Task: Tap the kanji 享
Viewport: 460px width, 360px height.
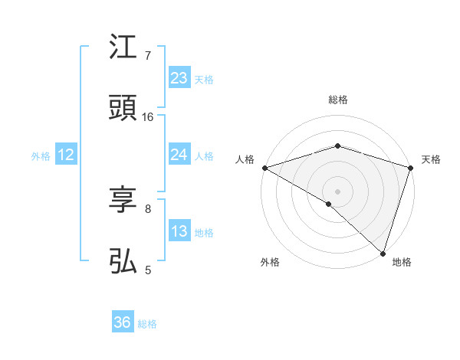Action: tap(123, 200)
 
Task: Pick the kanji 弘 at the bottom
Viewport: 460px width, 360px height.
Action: tap(123, 261)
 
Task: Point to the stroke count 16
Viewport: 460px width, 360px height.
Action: tap(148, 116)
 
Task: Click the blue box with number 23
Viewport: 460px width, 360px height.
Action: tap(179, 78)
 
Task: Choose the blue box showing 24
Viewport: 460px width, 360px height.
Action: tap(179, 155)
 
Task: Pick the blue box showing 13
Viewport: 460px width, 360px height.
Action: tap(179, 231)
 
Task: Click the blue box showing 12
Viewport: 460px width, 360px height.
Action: tap(66, 155)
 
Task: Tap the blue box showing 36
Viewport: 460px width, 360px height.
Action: tap(123, 322)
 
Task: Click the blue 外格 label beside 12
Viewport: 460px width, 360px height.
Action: tap(41, 155)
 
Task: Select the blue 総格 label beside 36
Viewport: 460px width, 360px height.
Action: tap(147, 324)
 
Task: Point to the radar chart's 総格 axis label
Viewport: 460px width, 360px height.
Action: tap(337, 100)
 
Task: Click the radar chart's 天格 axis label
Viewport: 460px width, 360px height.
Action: tap(432, 159)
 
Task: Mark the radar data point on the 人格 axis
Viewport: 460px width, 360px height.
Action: tap(264, 168)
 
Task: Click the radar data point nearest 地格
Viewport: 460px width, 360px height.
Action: tap(383, 254)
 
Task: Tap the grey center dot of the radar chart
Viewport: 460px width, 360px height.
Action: tap(337, 191)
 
